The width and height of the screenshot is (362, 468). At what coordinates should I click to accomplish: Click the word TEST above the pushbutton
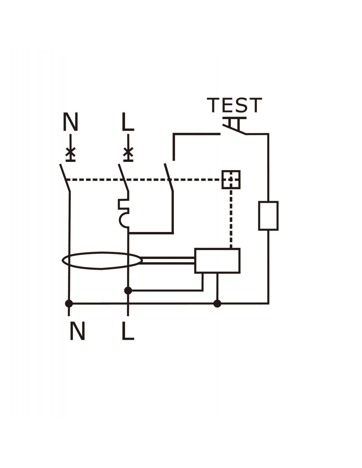(x=234, y=105)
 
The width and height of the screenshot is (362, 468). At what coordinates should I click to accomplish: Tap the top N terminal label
(x=70, y=122)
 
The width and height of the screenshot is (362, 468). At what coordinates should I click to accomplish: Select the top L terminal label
(x=128, y=122)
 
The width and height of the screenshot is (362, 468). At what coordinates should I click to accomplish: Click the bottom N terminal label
(x=78, y=331)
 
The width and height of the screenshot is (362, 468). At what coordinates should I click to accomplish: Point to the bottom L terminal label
(x=128, y=331)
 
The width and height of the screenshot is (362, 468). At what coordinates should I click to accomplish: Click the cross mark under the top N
(x=70, y=152)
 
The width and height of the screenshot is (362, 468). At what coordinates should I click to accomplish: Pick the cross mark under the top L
(x=128, y=152)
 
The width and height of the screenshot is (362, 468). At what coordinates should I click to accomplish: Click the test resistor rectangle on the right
(x=268, y=216)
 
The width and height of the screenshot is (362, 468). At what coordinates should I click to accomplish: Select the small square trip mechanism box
(x=231, y=180)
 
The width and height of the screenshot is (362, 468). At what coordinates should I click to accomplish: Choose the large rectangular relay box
(x=217, y=261)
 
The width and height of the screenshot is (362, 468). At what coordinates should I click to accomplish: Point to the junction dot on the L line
(x=128, y=291)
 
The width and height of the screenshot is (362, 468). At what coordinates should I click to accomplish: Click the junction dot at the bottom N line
(x=69, y=303)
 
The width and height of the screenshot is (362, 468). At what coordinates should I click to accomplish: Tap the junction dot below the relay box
(x=217, y=303)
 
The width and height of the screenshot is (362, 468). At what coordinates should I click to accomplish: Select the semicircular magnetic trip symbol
(x=124, y=221)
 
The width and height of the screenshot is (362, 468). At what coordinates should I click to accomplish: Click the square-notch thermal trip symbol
(x=123, y=204)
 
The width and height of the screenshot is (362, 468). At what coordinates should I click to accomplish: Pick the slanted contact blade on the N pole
(x=65, y=178)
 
